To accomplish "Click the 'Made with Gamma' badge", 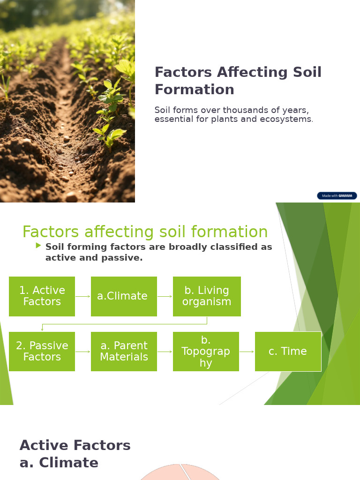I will click(x=337, y=196).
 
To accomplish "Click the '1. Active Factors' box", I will click(x=42, y=296).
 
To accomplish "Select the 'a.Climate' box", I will click(x=124, y=296).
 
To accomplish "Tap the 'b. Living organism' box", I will click(x=207, y=296).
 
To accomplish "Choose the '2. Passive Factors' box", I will click(x=42, y=352).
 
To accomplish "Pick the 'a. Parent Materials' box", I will click(x=124, y=352).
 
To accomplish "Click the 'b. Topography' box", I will click(x=206, y=352).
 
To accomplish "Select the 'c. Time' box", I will click(x=288, y=352).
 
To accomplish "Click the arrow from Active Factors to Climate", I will click(x=83, y=296).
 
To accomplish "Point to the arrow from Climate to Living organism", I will click(x=165, y=296).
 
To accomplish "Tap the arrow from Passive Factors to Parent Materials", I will click(x=83, y=352).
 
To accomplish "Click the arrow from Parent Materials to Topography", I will click(x=165, y=352).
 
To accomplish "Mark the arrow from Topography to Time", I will click(x=247, y=352).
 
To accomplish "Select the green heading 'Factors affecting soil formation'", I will click(x=145, y=232).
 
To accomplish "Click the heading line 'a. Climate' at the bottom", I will click(x=59, y=463).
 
